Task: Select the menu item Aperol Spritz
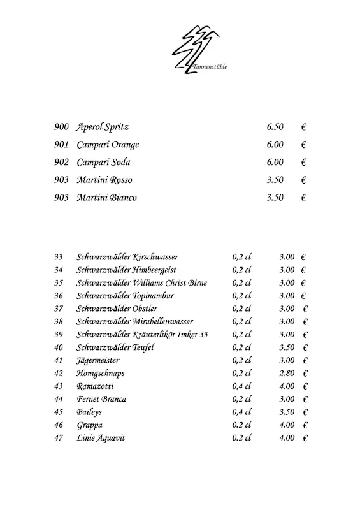pos(103,127)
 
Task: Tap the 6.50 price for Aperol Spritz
pos(275,127)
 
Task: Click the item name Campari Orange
pos(108,145)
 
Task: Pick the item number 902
pos(61,163)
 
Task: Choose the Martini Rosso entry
pos(104,180)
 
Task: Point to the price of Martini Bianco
pos(275,198)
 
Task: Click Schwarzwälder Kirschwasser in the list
pos(127,257)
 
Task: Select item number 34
pos(59,270)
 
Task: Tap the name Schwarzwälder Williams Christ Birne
pos(141,283)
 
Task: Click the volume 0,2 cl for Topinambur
pos(242,296)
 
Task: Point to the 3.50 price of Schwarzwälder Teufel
pos(287,347)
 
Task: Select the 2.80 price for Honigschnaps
pos(287,373)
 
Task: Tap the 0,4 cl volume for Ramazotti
pos(242,386)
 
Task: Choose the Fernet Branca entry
pos(101,399)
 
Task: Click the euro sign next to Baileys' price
pos(305,412)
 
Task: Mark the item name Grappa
pos(89,425)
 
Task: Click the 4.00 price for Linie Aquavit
pos(287,438)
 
